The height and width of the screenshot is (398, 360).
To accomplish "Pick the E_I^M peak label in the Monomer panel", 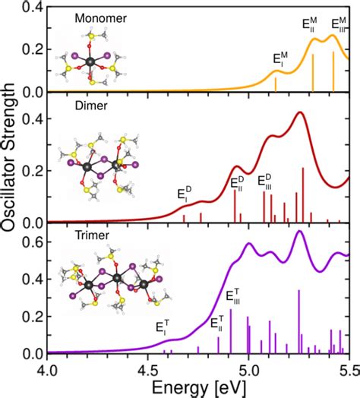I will coord(280,60).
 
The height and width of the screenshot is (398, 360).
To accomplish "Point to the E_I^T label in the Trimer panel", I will coord(163,328).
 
